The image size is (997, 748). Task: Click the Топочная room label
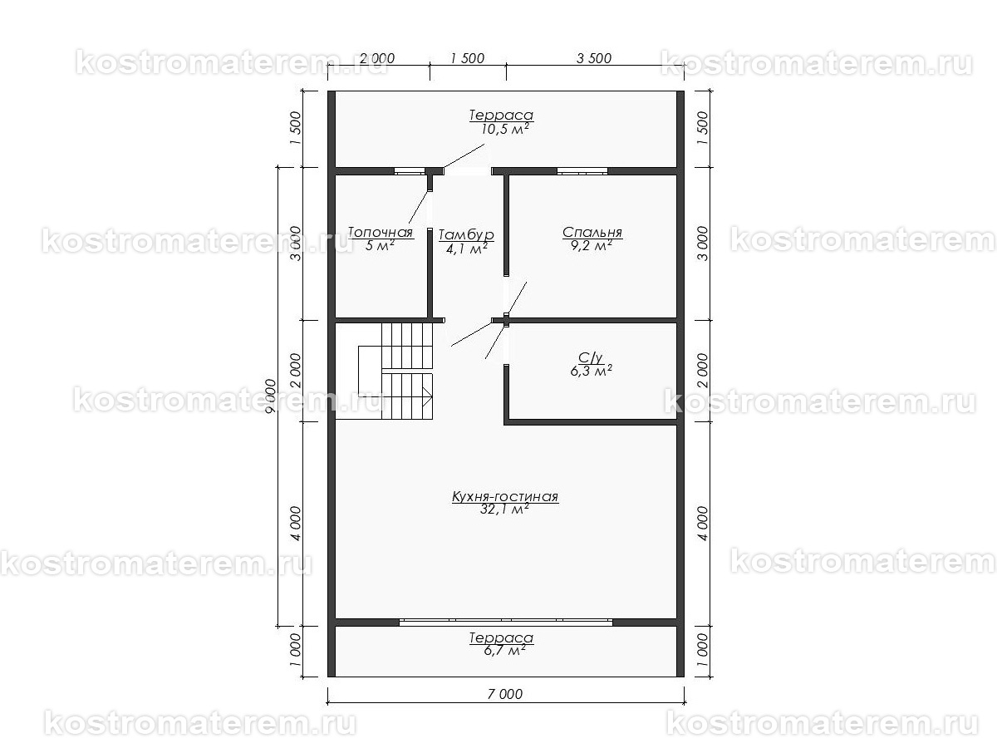click(x=381, y=232)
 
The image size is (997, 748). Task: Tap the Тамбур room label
click(x=466, y=235)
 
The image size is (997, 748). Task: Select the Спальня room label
click(x=592, y=232)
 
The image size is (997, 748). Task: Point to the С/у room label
click(x=591, y=358)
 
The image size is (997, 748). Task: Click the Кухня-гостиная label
click(x=505, y=496)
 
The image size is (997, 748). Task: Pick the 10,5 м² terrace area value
click(x=505, y=129)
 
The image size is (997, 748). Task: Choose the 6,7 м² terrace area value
click(x=505, y=651)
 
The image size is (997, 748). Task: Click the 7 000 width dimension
click(x=505, y=694)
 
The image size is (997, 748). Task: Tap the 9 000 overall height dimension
click(x=271, y=396)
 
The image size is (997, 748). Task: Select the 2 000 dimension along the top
click(x=377, y=58)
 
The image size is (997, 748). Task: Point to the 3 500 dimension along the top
click(x=594, y=58)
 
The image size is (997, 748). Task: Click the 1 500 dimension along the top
click(x=468, y=58)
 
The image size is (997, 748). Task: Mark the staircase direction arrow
click(x=427, y=396)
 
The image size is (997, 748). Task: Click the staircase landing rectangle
click(x=371, y=372)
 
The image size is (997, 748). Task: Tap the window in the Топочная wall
click(x=410, y=171)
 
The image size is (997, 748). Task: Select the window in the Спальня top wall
click(x=582, y=171)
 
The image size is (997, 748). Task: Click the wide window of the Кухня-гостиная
click(x=505, y=623)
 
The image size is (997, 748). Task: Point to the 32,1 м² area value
click(x=504, y=509)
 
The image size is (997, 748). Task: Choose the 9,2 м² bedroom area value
click(x=592, y=245)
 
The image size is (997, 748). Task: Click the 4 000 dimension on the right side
click(x=702, y=524)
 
